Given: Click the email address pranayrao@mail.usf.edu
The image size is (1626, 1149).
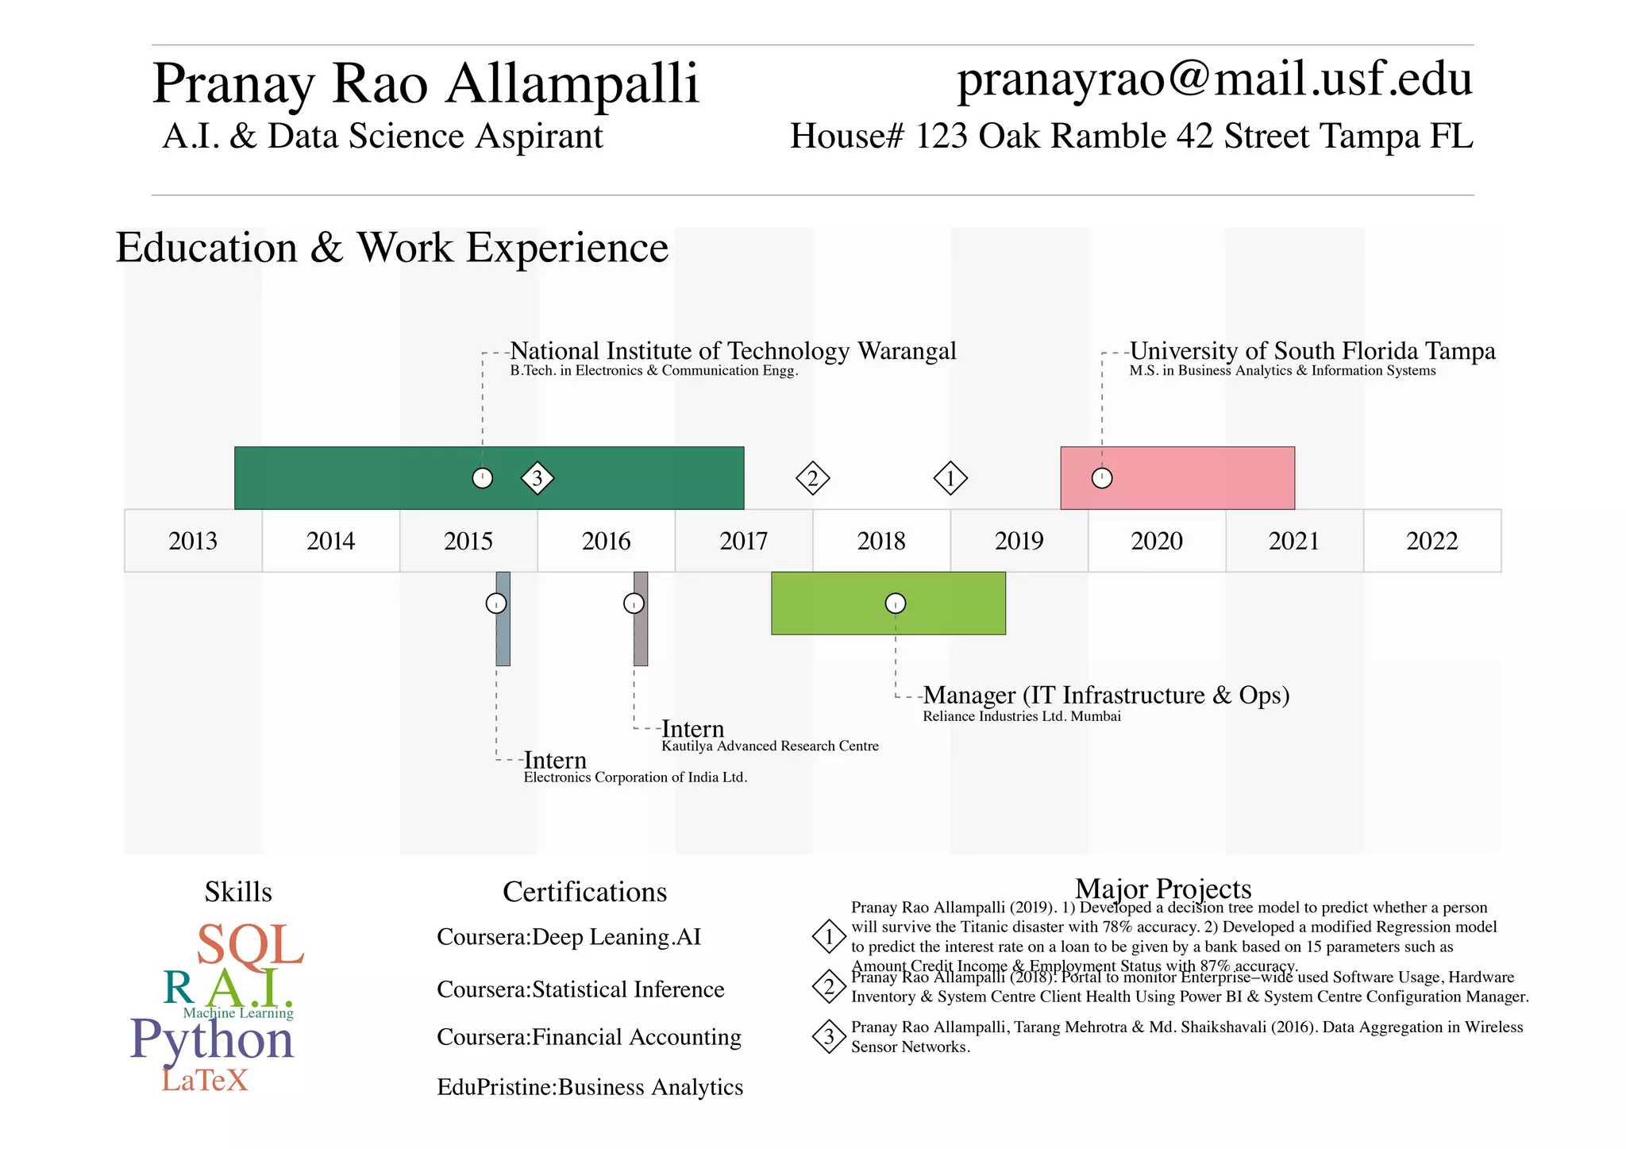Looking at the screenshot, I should (1214, 79).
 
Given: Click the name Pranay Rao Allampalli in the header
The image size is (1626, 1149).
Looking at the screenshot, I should (426, 83).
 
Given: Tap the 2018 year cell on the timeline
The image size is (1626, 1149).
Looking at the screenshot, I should (881, 541).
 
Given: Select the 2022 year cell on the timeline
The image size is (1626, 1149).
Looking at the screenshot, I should (1432, 541).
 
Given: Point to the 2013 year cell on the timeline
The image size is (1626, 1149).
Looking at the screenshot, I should (193, 541).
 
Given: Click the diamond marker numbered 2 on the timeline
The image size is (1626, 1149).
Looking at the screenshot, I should (812, 478).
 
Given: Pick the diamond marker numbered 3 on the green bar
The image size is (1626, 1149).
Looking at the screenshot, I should (538, 478).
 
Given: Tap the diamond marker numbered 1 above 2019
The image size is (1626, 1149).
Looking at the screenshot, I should (950, 478).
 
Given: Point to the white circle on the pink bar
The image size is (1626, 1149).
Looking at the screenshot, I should (1102, 478).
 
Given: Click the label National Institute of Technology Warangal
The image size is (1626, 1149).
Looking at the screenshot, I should (733, 351).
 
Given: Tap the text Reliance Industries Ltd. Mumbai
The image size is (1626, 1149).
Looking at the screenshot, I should (1022, 716).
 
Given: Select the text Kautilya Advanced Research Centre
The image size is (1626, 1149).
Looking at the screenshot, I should (770, 746).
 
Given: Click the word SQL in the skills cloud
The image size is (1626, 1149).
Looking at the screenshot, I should (250, 945).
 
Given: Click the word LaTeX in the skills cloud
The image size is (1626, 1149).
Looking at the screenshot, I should (205, 1080).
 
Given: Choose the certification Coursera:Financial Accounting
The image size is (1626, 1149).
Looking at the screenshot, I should (589, 1037).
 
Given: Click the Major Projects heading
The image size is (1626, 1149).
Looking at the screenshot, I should (1163, 889).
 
